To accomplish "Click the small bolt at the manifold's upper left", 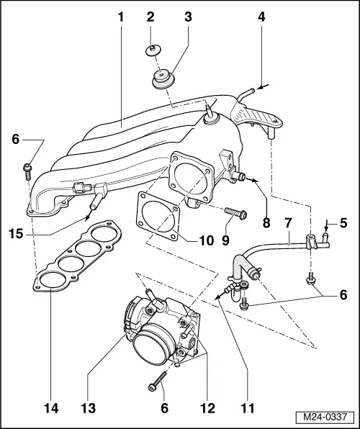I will click(26, 170).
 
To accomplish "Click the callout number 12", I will click(207, 407).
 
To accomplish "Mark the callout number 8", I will click(267, 223).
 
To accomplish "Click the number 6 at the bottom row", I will click(164, 407).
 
